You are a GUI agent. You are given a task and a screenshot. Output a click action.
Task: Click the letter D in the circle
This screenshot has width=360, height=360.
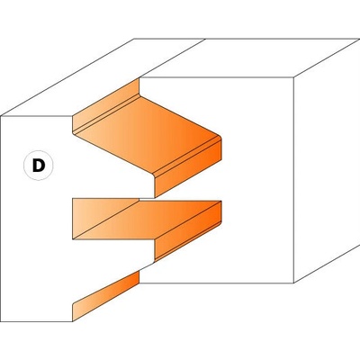(x=39, y=166)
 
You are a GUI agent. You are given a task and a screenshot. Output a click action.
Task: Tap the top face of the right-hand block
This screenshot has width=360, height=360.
(x=249, y=58)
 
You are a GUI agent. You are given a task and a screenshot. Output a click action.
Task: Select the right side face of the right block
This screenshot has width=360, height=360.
(x=327, y=160)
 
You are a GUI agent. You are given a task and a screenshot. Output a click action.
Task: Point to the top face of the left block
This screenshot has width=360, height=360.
(x=102, y=77)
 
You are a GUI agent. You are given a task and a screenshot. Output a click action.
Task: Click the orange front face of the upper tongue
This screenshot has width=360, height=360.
(x=188, y=168)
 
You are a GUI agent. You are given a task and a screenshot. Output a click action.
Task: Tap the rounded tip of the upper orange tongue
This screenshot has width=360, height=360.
(x=220, y=138)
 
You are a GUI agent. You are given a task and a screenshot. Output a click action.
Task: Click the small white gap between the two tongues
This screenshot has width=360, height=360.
(x=147, y=198)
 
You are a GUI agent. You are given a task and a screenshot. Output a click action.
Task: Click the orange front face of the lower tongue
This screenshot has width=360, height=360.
(x=188, y=238)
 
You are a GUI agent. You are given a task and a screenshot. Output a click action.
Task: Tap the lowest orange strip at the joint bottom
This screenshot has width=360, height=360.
(x=105, y=295)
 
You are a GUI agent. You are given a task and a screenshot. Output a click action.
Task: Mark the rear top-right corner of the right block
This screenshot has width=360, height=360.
(x=359, y=39)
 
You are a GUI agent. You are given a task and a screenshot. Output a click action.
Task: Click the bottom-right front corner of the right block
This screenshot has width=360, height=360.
(x=293, y=283)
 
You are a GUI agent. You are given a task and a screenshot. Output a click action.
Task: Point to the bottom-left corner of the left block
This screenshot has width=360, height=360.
(x=1, y=321)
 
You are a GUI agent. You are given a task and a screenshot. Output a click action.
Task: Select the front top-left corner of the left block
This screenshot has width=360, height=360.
(x=1, y=116)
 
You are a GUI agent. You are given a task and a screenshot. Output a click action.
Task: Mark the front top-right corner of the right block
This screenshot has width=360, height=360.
(x=293, y=77)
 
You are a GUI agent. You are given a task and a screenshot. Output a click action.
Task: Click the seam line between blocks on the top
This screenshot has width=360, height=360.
(x=172, y=58)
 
